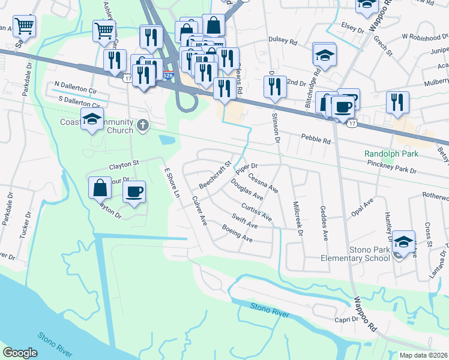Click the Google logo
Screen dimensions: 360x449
tap(20, 353)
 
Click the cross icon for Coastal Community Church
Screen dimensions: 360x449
tap(142, 125)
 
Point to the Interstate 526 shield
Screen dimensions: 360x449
tap(169, 76)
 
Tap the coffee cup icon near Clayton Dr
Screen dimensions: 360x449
tap(134, 191)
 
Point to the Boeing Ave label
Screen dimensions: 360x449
tap(237, 233)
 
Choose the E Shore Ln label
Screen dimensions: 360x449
tap(172, 183)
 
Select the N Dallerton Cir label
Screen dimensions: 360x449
tap(76, 87)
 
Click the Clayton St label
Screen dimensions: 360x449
tap(124, 163)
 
